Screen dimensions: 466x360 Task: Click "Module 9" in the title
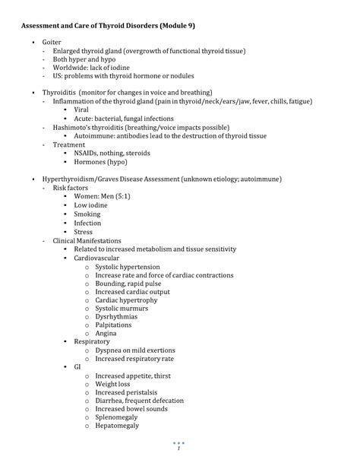tap(175, 25)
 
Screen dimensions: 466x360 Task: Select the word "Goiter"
tap(52, 42)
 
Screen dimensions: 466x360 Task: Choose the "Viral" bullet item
tap(81, 110)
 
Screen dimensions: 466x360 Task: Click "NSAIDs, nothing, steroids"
tap(112, 153)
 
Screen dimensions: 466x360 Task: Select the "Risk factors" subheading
tap(71, 188)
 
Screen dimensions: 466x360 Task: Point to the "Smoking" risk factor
tap(87, 214)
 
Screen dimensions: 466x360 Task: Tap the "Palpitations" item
tap(112, 325)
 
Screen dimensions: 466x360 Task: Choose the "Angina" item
tap(106, 334)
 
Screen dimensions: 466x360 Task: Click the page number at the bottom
tap(179, 449)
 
